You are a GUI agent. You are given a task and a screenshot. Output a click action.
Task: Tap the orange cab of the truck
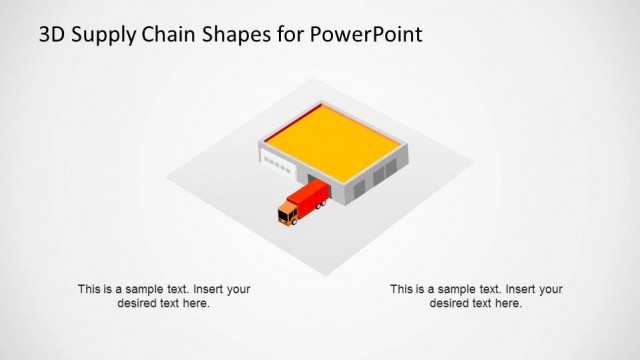(x=289, y=213)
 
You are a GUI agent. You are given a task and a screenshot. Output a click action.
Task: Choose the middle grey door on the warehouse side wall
(x=380, y=176)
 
